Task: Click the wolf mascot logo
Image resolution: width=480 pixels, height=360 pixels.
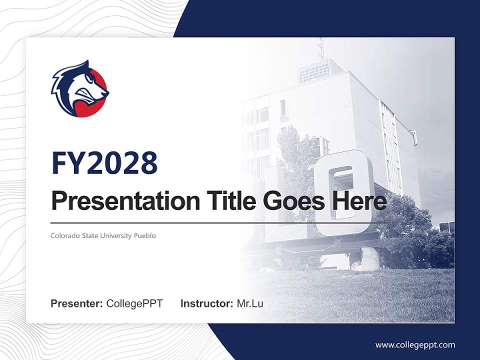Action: click(80, 89)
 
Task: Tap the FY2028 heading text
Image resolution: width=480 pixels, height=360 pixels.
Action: click(104, 163)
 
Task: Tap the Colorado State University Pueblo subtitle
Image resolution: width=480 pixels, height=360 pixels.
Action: click(103, 235)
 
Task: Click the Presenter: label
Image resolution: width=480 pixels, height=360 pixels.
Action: click(77, 303)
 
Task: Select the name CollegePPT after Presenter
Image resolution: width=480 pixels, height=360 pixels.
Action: click(134, 303)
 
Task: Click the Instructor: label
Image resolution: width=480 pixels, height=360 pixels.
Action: click(206, 303)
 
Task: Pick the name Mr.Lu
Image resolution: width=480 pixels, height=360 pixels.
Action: click(250, 303)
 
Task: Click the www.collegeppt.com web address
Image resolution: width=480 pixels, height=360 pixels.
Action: click(415, 344)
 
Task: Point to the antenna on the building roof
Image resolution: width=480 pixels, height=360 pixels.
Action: click(321, 49)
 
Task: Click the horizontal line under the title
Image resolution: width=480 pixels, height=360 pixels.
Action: click(220, 222)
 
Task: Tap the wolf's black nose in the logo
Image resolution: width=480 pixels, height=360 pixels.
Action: click(106, 93)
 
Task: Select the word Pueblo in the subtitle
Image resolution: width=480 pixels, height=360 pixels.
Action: click(145, 235)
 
